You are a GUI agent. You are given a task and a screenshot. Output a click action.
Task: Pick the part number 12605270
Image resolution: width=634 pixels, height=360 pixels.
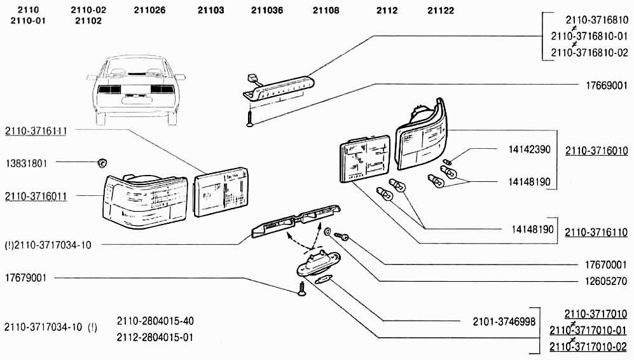click(x=606, y=280)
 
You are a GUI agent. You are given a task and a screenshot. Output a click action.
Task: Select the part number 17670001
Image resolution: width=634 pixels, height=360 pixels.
click(x=606, y=264)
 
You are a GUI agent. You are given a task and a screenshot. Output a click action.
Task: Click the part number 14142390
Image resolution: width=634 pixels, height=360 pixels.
click(x=528, y=150)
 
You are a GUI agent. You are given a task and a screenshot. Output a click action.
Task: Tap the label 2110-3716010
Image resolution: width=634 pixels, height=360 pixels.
click(x=596, y=151)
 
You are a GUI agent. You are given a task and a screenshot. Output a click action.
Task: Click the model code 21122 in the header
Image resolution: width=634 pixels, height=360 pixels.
click(x=440, y=11)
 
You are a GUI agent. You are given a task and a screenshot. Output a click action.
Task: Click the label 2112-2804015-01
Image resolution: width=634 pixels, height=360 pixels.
click(x=155, y=336)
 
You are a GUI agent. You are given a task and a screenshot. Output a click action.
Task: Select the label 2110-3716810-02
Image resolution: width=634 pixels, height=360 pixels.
click(x=589, y=52)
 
